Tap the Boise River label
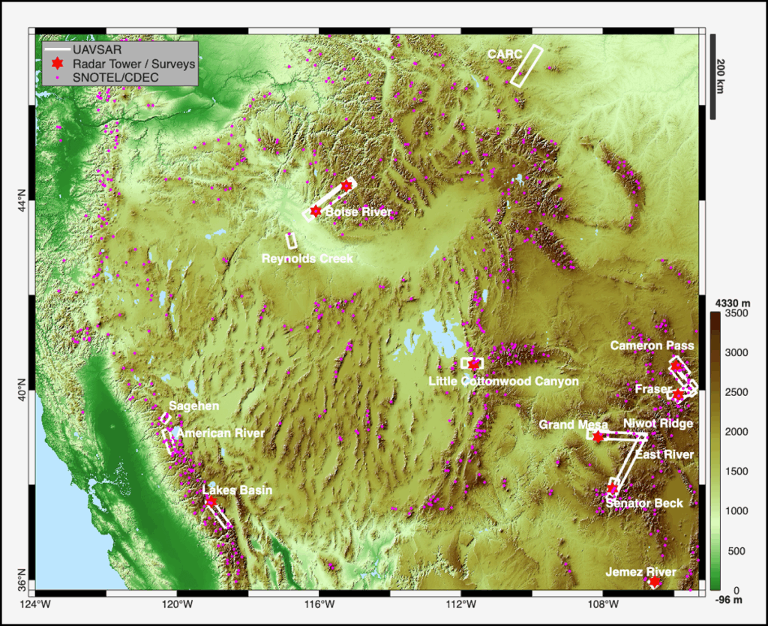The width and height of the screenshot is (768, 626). [x=358, y=212]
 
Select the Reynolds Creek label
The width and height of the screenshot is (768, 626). [x=307, y=259]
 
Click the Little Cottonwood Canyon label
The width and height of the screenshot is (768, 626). [x=503, y=382]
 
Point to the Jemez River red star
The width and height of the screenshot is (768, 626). [x=654, y=582]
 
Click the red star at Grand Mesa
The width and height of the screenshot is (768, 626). [x=598, y=436]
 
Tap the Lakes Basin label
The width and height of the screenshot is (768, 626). [x=237, y=490]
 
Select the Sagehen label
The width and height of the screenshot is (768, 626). [x=193, y=406]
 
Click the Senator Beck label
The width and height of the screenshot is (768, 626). [x=644, y=502]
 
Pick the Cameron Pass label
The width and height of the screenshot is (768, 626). [x=652, y=346]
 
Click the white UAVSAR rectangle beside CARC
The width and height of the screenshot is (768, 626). [x=526, y=65]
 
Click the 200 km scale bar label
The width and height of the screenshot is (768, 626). [x=721, y=75]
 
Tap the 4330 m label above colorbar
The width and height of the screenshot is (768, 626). [x=728, y=302]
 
